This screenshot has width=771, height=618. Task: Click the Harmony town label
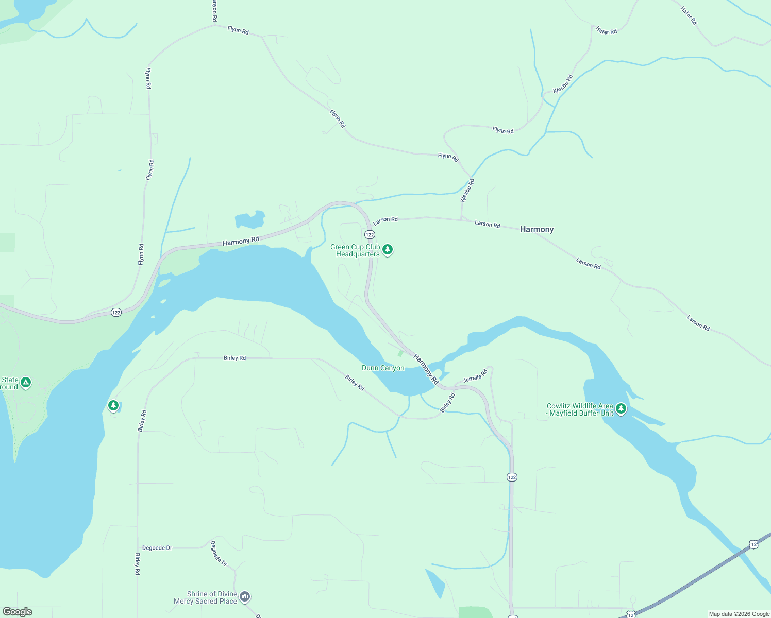(x=537, y=229)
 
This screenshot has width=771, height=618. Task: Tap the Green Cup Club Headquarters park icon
(x=388, y=250)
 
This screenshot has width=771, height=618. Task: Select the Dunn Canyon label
(x=383, y=368)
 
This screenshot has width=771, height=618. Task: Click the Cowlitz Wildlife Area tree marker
(x=621, y=409)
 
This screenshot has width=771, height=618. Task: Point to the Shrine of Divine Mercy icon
(x=245, y=597)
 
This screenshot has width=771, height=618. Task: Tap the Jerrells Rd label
(x=475, y=376)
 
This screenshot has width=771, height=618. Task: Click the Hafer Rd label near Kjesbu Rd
(x=606, y=31)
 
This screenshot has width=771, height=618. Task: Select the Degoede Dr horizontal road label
(x=157, y=548)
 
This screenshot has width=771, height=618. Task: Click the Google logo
(x=17, y=612)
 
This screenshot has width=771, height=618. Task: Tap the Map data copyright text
(x=739, y=614)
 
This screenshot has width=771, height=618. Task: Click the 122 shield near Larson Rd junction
(x=370, y=235)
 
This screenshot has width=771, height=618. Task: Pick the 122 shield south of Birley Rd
(x=511, y=477)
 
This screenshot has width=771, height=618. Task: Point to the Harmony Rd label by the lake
(x=241, y=241)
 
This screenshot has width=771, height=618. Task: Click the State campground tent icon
(x=25, y=383)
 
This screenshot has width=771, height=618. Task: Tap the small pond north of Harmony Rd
(x=250, y=220)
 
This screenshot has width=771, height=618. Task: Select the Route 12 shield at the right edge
(x=753, y=544)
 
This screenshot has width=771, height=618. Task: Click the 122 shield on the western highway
(x=116, y=313)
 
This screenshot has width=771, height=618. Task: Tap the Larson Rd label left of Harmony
(x=488, y=224)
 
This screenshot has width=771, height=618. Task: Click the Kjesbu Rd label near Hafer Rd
(x=563, y=84)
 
